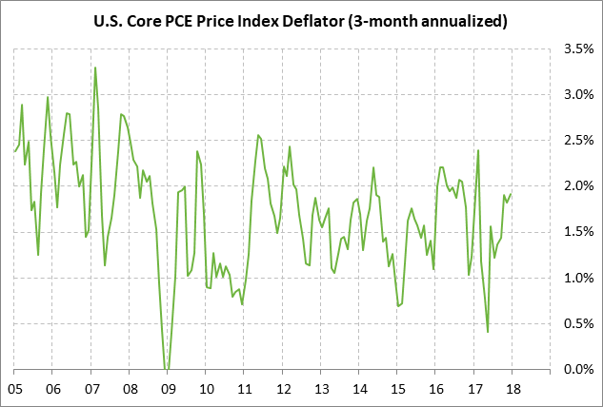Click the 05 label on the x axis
point(14,388)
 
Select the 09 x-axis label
point(168,388)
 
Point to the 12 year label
point(283,388)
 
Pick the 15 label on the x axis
point(398,388)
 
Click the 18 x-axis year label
point(513,388)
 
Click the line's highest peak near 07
point(95,68)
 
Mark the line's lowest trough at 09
point(167,369)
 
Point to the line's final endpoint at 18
point(512,194)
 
